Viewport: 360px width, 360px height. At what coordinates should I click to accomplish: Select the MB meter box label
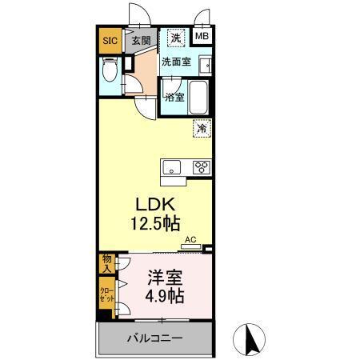pyautogui.click(x=202, y=36)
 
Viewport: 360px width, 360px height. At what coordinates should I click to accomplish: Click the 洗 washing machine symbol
pyautogui.click(x=174, y=37)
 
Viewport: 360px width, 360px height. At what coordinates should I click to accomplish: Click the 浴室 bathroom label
pyautogui.click(x=174, y=97)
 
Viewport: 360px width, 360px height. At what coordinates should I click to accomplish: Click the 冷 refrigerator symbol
pyautogui.click(x=202, y=127)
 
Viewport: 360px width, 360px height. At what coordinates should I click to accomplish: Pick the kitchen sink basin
pyautogui.click(x=172, y=167)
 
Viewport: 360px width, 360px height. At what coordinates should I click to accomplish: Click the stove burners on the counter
pyautogui.click(x=200, y=167)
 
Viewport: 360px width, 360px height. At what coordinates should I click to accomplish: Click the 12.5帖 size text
pyautogui.click(x=154, y=225)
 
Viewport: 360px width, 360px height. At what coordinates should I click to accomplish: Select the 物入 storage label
pyautogui.click(x=107, y=263)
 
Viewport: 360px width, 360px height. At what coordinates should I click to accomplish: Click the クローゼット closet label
pyautogui.click(x=107, y=294)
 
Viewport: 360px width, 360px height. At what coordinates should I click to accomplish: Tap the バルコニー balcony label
pyautogui.click(x=154, y=338)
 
